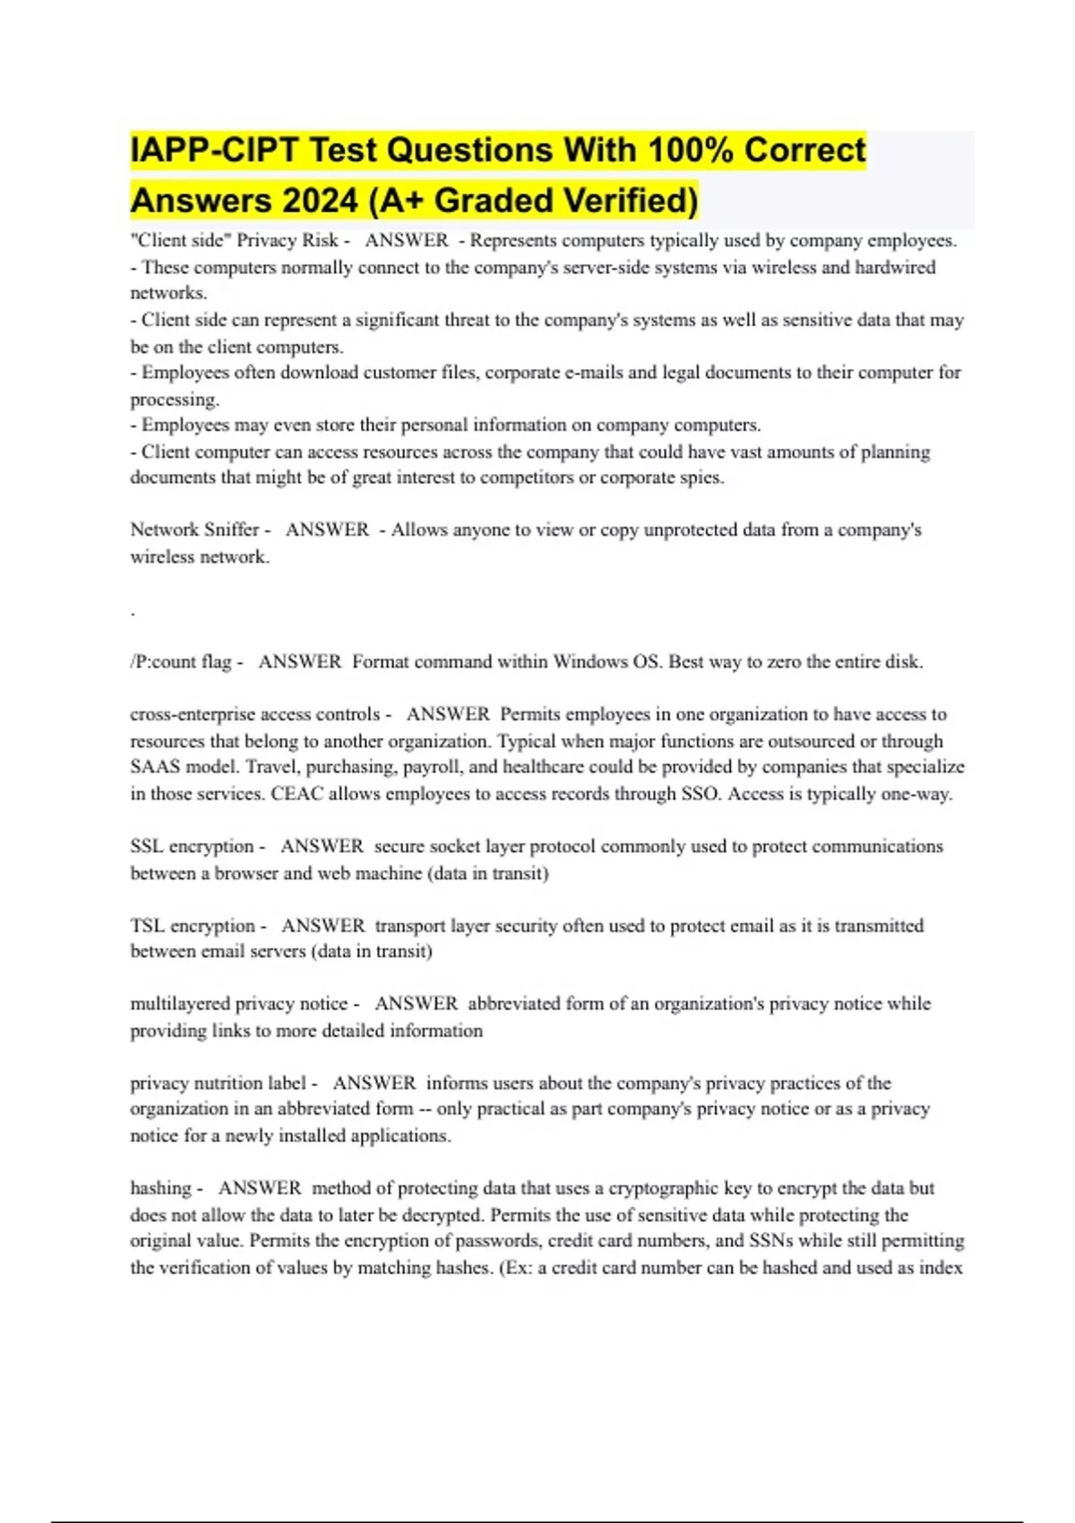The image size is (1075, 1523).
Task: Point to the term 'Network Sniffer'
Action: [194, 529]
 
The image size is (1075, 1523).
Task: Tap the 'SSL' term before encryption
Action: [145, 847]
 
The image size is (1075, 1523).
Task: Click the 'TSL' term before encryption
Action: [146, 925]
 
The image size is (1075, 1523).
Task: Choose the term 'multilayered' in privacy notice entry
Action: [179, 1004]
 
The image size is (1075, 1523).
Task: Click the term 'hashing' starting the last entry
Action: [160, 1189]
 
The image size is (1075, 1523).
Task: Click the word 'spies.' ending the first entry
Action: [701, 478]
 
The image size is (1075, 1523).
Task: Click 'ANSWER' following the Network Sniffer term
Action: [327, 529]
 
